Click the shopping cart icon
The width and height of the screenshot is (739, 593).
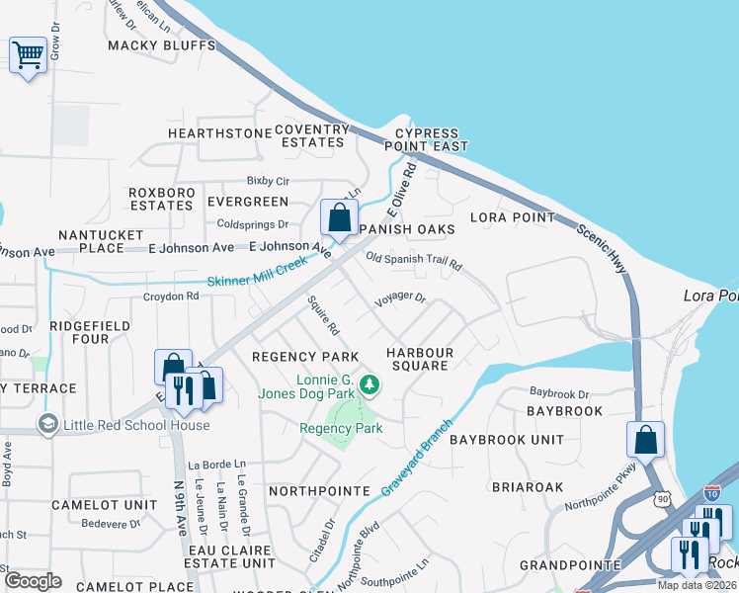tap(28, 55)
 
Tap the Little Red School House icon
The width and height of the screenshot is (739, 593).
tap(46, 425)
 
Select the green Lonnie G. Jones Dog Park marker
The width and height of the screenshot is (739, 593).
tap(369, 382)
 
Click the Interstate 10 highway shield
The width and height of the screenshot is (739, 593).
tap(712, 493)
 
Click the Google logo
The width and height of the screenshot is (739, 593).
tap(33, 580)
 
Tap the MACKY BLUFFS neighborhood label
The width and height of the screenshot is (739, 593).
tap(161, 46)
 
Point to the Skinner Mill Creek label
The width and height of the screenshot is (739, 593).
tap(258, 275)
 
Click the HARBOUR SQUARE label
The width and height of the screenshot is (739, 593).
tap(420, 359)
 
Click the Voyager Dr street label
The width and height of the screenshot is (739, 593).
tap(399, 296)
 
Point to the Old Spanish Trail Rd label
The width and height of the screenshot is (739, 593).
tap(414, 263)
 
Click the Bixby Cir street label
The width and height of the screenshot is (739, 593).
tap(268, 182)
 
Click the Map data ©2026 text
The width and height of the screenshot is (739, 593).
tap(696, 585)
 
